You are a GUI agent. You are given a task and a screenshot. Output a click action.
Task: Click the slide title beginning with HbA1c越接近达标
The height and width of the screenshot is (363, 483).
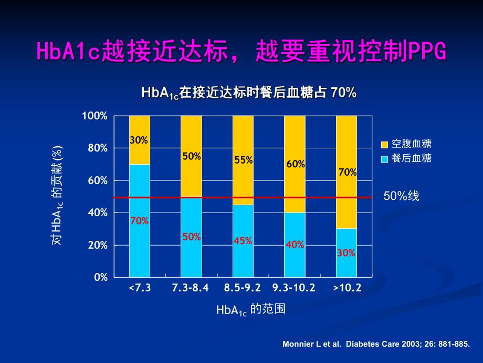coord(241,52)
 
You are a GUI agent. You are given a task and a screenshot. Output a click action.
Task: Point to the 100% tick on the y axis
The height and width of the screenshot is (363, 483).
coord(95,116)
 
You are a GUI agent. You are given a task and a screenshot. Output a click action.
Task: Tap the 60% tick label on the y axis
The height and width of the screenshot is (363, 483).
coord(97,180)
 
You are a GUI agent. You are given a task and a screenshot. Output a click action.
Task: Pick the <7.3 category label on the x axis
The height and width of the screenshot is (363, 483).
coord(139,288)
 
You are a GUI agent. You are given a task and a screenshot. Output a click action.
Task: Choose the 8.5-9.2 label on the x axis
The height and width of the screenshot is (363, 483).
coord(243,288)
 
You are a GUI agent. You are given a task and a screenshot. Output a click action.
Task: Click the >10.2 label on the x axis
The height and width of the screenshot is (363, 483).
coord(346,288)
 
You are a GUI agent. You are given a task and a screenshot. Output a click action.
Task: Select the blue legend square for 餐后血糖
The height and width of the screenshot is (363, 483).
coord(384,158)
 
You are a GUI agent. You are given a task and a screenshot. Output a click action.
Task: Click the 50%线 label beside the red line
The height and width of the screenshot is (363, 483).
coord(401,196)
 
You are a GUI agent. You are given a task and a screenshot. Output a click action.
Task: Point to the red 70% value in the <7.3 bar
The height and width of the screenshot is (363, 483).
coord(139,221)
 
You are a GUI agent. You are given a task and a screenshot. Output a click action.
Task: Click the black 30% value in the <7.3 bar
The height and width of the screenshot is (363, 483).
coord(139,140)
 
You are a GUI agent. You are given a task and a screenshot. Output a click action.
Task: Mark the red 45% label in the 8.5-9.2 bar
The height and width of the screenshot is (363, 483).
coord(243,241)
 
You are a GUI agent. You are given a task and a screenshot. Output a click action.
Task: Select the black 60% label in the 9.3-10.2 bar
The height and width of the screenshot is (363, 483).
coord(295,164)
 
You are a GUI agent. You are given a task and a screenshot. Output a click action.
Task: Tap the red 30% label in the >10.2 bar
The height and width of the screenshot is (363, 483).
coord(346,253)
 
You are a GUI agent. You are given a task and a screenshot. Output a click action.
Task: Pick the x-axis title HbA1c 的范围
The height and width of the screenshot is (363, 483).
coord(250,309)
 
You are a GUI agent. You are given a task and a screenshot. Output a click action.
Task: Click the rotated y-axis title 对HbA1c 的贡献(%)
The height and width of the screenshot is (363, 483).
coord(57,195)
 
